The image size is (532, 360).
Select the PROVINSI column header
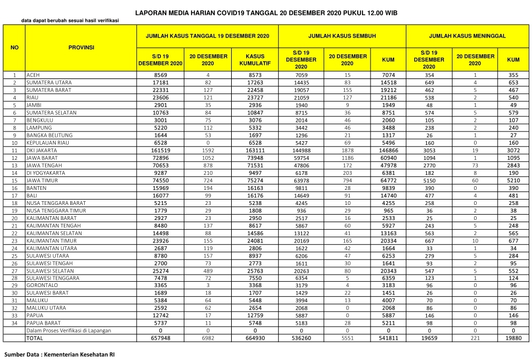[x=81, y=48]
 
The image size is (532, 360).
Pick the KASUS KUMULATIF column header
[x=255, y=60]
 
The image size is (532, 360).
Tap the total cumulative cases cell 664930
[x=255, y=339]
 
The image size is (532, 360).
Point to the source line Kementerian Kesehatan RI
[x=60, y=355]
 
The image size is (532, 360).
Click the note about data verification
[x=70, y=21]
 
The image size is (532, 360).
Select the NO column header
[x=14, y=48]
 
